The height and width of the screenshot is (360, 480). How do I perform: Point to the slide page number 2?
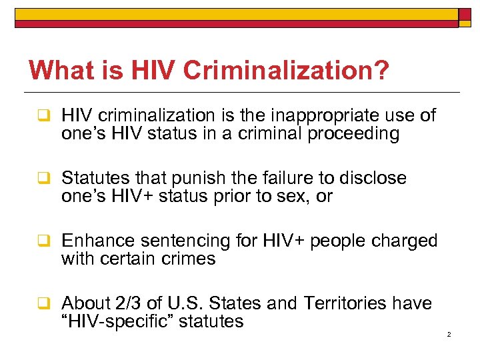449,334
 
